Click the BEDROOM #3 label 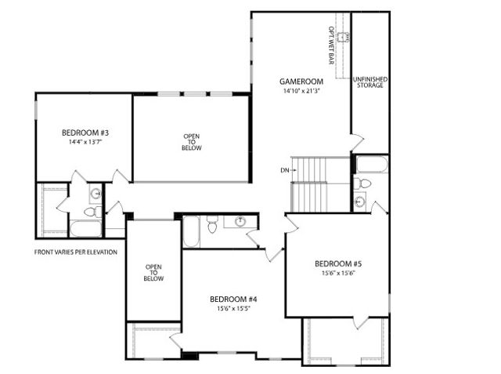point(83,133)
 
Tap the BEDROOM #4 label point(234,300)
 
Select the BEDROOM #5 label point(338,263)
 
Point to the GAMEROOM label point(301,82)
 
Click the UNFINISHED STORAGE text point(370,82)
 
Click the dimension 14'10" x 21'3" point(301,91)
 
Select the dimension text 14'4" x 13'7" point(83,143)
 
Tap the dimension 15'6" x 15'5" point(234,310)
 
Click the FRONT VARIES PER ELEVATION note point(76,252)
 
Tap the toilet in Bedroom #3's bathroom point(91,211)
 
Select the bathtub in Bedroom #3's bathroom point(85,228)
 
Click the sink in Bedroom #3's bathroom point(96,194)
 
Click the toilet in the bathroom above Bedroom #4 point(212,227)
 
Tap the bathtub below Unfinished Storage point(370,164)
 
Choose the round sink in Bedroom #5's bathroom point(360,202)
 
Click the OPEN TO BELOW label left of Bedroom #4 point(153,273)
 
